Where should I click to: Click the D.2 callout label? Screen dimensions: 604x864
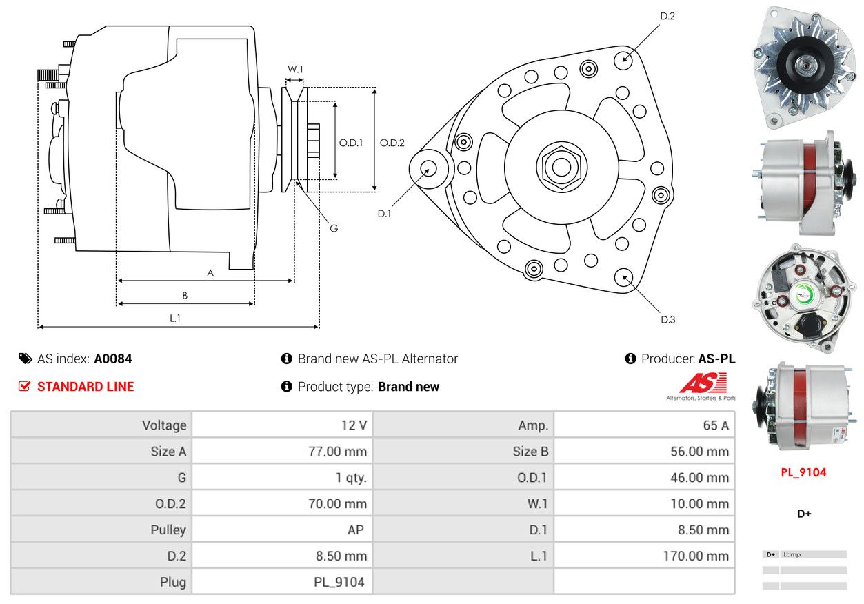coord(667,16)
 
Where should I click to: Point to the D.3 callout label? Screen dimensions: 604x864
coord(667,319)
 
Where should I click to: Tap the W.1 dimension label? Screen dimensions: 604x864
coord(295,69)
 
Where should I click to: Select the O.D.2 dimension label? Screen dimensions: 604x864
coord(392,143)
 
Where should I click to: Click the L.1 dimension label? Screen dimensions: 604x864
coord(175,318)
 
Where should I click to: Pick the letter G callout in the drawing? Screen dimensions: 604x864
coord(333,228)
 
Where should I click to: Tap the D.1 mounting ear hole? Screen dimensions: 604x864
coord(428,168)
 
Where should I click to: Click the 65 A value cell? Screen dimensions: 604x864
coord(715,425)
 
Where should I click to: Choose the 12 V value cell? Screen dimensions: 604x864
coord(354,425)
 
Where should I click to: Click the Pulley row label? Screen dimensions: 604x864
coord(168,530)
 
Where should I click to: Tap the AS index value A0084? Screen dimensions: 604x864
coord(113,359)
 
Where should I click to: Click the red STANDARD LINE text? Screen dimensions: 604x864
coord(86,387)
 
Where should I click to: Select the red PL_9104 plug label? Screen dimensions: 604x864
coord(803,472)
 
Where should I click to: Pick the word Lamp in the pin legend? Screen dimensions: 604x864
coord(792,554)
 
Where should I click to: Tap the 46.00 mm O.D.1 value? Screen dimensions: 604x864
coord(699,478)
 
